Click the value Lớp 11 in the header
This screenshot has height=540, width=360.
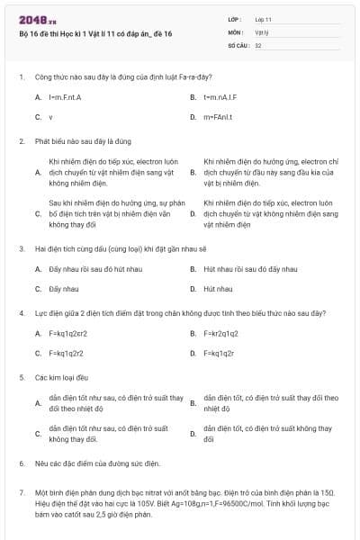tap(264, 19)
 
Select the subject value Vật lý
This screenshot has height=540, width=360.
tap(262, 31)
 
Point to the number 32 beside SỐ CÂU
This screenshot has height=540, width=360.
tap(258, 44)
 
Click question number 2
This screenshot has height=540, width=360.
tap(22, 141)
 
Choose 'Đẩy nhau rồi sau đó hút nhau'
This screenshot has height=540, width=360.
tap(83, 268)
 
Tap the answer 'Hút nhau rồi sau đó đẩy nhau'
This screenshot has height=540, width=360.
tap(238, 268)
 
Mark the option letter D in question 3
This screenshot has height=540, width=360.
tap(193, 289)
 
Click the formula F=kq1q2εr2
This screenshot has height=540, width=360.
tap(68, 333)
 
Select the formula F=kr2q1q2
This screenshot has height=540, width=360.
tap(220, 333)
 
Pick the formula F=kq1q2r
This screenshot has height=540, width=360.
tap(219, 354)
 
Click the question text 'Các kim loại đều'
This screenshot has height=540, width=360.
tap(56, 378)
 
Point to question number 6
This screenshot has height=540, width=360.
tap(22, 463)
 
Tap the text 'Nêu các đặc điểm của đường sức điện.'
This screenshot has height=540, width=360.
tap(97, 463)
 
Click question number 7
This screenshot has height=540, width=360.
tap(22, 494)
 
